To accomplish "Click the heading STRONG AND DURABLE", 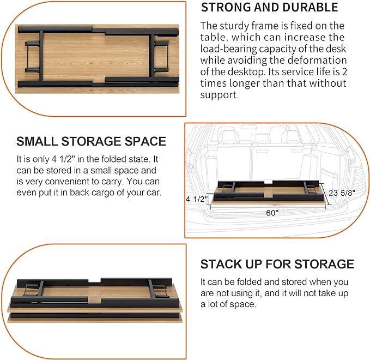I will click(269, 8).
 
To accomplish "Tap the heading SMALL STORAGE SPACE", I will click(91, 141).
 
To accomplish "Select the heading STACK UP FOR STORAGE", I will click(277, 265).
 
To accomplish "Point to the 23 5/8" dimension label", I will click(346, 192).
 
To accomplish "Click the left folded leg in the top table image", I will click(35, 56).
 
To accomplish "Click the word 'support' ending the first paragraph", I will click(219, 95).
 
